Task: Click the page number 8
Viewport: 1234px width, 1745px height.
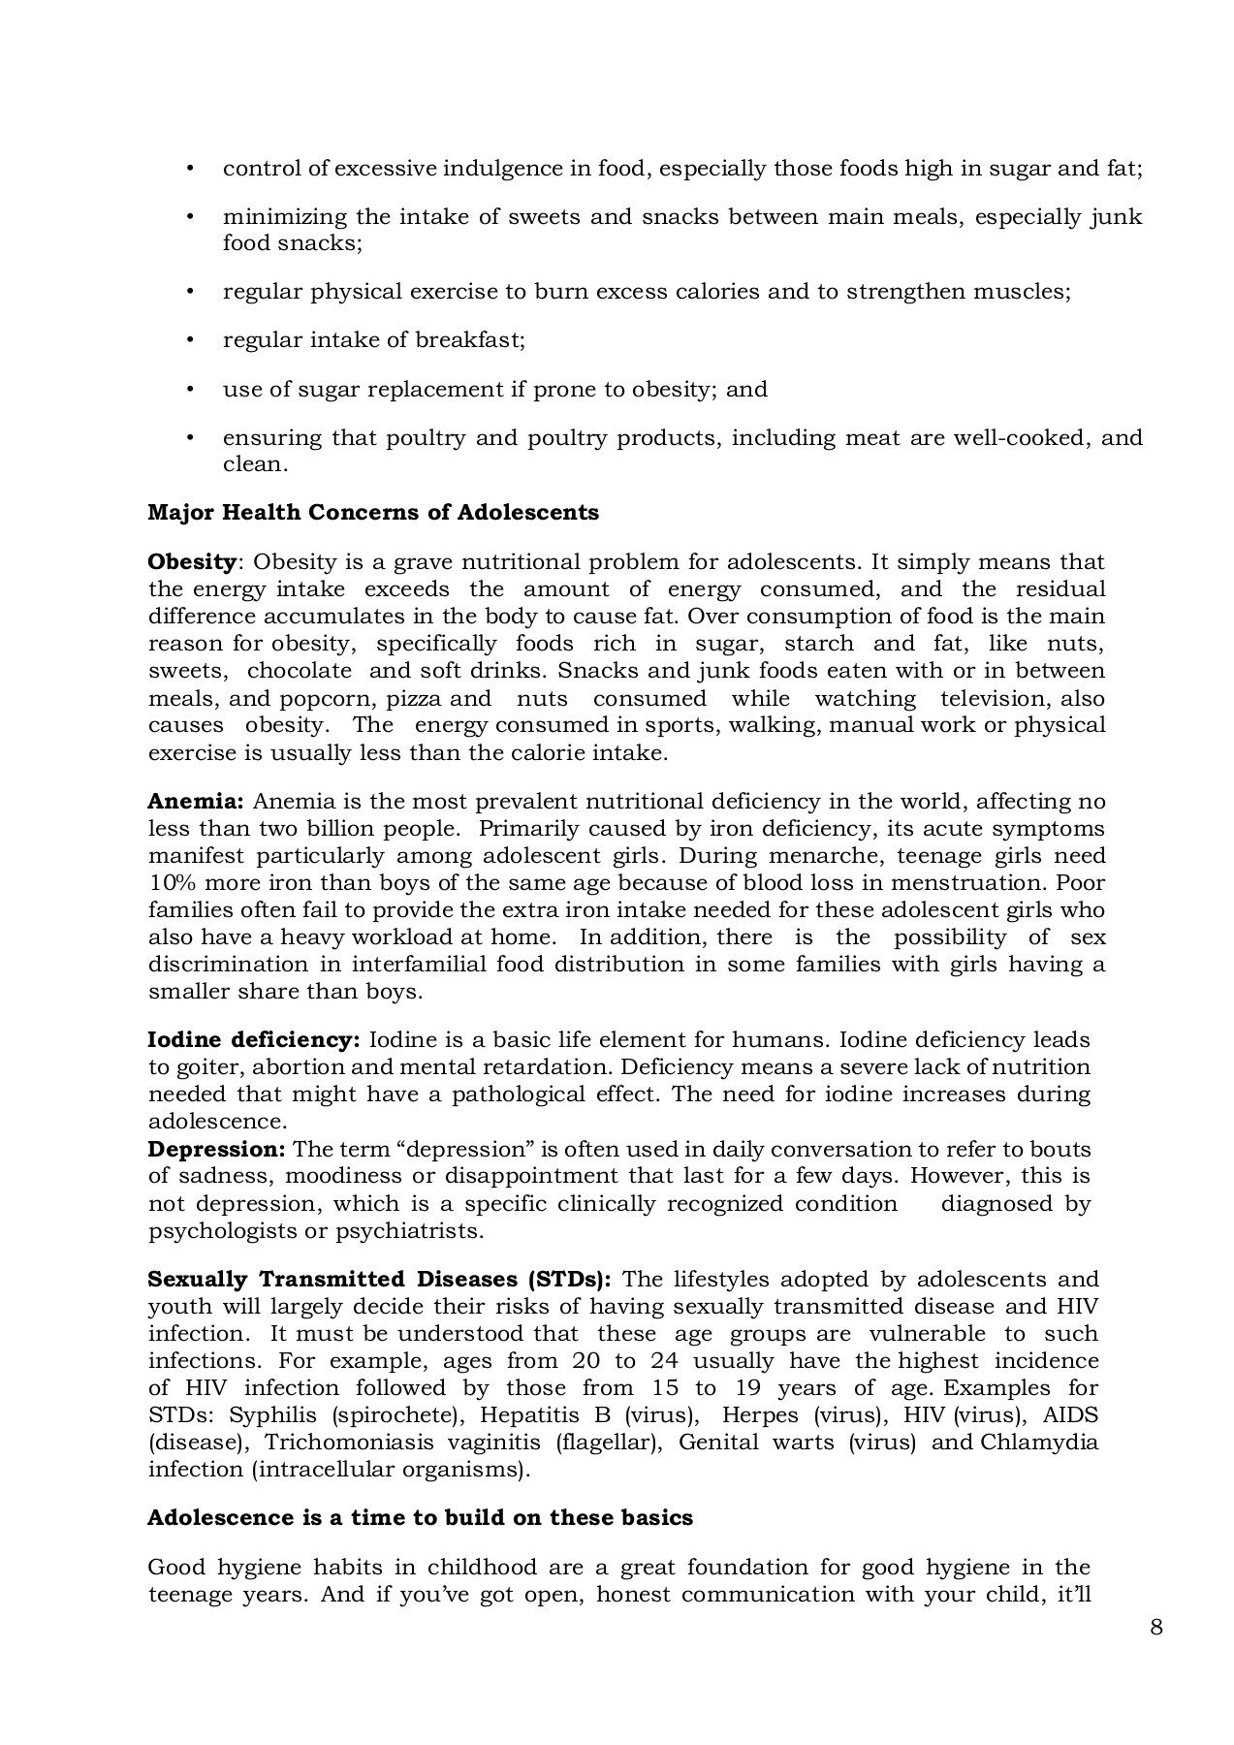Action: tap(1155, 1628)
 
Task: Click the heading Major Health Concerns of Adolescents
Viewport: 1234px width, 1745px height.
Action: tap(372, 513)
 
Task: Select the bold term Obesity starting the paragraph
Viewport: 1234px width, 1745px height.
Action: tap(192, 562)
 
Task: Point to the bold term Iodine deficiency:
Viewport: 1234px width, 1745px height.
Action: tap(253, 1040)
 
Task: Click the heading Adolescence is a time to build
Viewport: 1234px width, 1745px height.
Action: tap(419, 1518)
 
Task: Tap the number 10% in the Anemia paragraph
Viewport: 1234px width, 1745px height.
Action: tap(172, 883)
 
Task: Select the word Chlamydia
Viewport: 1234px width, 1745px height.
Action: tap(1039, 1443)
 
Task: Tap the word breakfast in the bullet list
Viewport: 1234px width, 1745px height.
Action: tap(469, 340)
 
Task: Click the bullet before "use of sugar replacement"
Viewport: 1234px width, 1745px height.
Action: tap(190, 390)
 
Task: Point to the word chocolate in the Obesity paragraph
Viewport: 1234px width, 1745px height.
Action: tap(299, 671)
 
